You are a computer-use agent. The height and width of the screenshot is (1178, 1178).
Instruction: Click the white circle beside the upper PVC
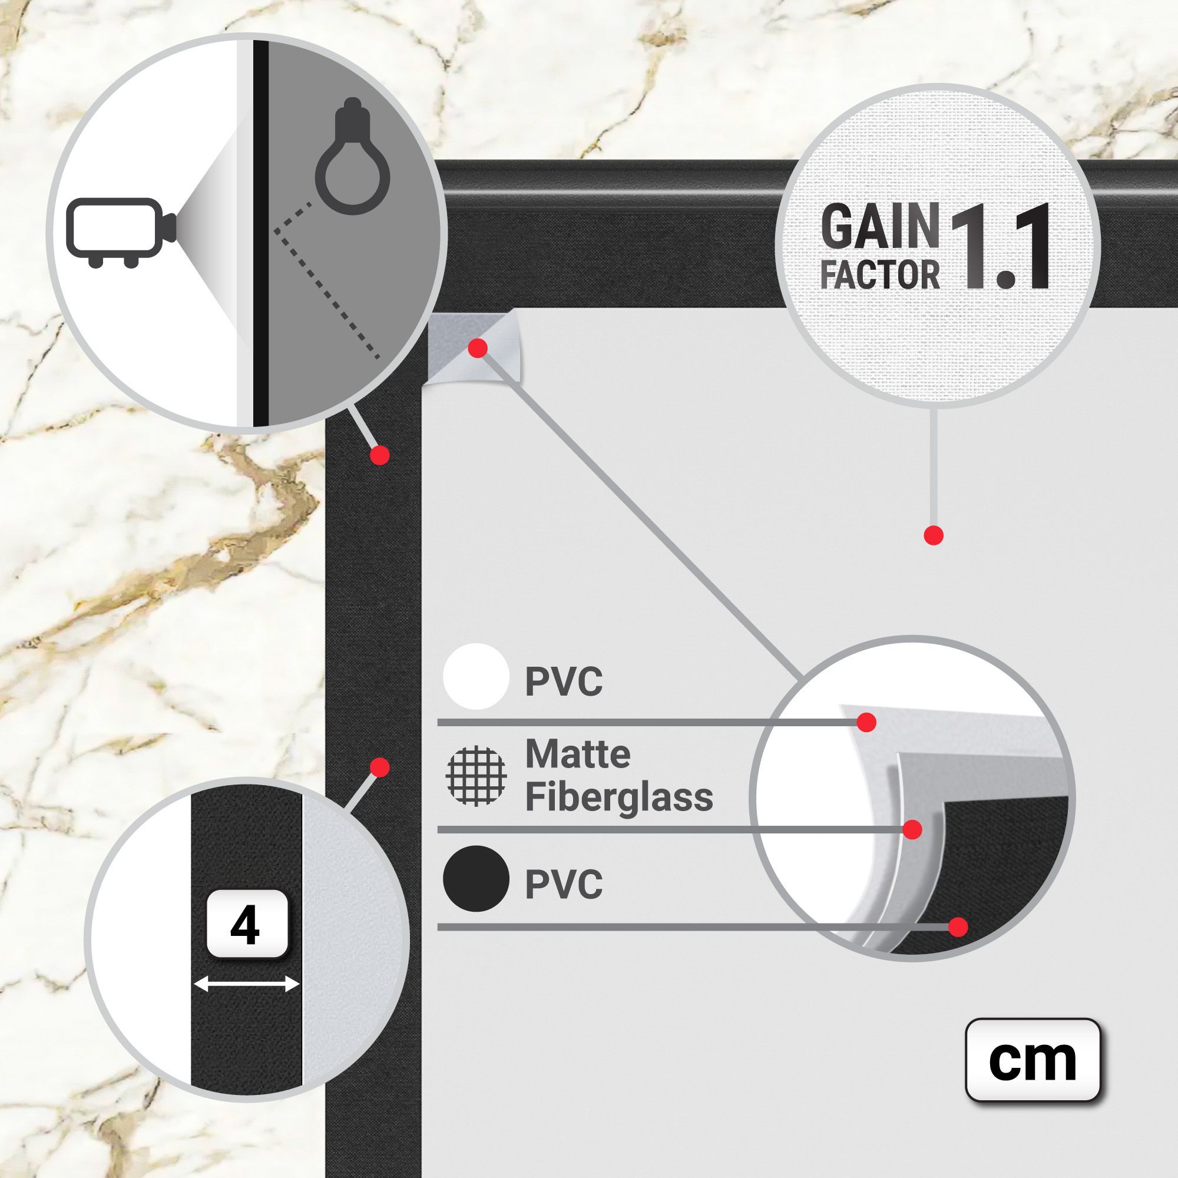coord(476,676)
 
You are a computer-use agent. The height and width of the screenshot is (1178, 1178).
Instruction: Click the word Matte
coord(577,755)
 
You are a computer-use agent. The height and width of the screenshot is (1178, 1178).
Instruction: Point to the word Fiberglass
coord(619,797)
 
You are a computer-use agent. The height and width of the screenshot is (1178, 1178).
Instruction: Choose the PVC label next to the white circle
coord(564,681)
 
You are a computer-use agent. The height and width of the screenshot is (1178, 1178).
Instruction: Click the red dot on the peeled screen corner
coord(478,348)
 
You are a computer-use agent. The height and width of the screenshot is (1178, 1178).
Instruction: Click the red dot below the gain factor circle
coord(934,535)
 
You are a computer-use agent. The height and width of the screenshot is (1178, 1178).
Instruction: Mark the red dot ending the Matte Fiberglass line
coord(912,829)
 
